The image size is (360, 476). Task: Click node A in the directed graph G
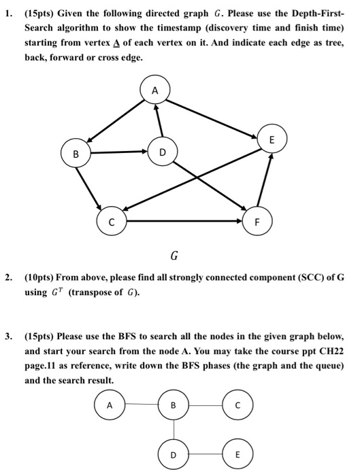tap(154, 90)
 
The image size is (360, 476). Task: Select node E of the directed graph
tap(272, 139)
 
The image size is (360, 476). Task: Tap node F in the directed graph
tap(257, 222)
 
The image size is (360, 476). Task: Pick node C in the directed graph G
tap(110, 222)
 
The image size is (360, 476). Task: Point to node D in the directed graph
tap(161, 151)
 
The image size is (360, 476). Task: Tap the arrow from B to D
tap(119, 152)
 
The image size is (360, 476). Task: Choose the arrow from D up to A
tap(158, 121)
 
